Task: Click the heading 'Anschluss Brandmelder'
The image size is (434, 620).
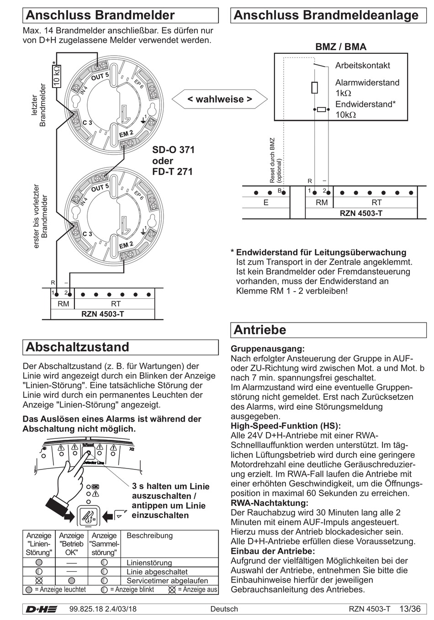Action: pyautogui.click(x=101, y=16)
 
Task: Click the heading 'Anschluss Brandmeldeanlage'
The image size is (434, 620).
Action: pyautogui.click(x=326, y=15)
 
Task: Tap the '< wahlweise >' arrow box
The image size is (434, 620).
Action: pyautogui.click(x=219, y=99)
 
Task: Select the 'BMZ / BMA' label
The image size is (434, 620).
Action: pyautogui.click(x=341, y=47)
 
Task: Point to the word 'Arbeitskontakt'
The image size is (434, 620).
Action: pyautogui.click(x=363, y=65)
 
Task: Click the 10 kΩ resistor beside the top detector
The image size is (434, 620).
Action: pyautogui.click(x=57, y=76)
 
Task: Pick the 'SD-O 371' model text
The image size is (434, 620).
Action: pyautogui.click(x=173, y=150)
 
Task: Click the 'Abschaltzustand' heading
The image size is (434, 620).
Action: pyautogui.click(x=78, y=347)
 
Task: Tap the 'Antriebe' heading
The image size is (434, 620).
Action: pyautogui.click(x=260, y=329)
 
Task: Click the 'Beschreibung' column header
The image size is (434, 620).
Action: pyautogui.click(x=149, y=536)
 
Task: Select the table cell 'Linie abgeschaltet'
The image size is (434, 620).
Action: pyautogui.click(x=157, y=572)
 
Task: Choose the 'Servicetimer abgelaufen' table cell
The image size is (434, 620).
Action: pyautogui.click(x=167, y=581)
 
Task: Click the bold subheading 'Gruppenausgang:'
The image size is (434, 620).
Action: pyautogui.click(x=268, y=349)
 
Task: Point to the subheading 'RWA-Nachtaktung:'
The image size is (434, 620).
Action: pyautogui.click(x=270, y=503)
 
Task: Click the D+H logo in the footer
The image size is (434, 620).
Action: pyautogui.click(x=41, y=609)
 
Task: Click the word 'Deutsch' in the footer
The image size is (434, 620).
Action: pyautogui.click(x=224, y=609)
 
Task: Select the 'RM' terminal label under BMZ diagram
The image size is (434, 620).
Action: pyautogui.click(x=322, y=202)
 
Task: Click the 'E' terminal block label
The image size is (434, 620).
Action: pyautogui.click(x=266, y=202)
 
